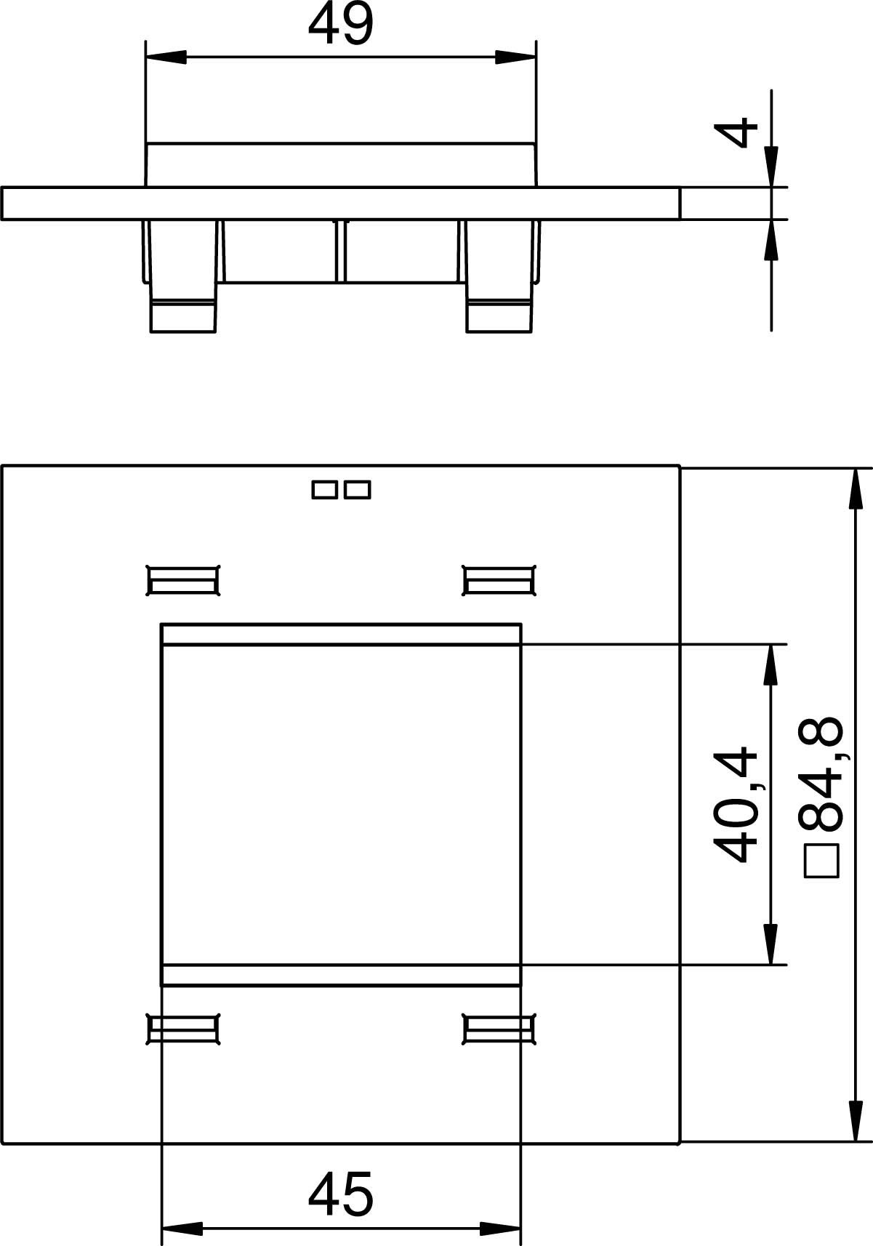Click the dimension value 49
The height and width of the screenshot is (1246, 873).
click(340, 25)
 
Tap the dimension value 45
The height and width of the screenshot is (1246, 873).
click(340, 1194)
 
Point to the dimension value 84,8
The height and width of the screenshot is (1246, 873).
click(821, 774)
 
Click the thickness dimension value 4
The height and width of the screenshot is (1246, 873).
click(736, 133)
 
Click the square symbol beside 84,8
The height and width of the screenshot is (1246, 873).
click(821, 861)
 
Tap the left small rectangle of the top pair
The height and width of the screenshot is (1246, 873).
click(325, 489)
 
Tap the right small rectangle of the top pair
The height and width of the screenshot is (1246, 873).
click(357, 489)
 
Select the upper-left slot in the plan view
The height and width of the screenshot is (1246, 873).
click(183, 581)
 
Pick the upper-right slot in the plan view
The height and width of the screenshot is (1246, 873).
click(499, 581)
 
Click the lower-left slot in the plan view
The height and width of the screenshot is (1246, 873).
click(183, 1029)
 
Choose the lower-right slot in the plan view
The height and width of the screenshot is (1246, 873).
click(499, 1029)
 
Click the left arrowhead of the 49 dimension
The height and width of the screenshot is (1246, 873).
click(166, 57)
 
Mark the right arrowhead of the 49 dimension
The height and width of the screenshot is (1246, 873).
click(515, 57)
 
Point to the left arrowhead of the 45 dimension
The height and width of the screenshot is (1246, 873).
click(181, 1229)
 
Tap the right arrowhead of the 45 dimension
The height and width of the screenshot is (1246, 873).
click(500, 1229)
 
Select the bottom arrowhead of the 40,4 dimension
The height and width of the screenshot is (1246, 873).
click(771, 944)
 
